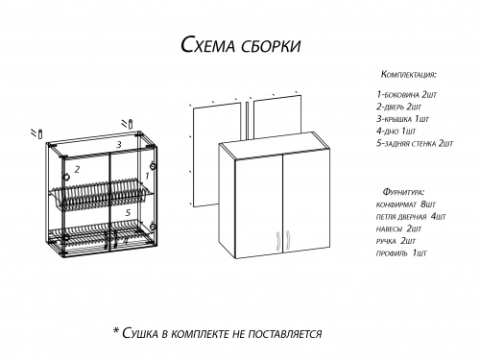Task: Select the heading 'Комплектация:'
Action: (x=409, y=74)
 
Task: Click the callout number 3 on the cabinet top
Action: (x=118, y=144)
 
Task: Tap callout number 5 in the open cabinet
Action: (x=126, y=210)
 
